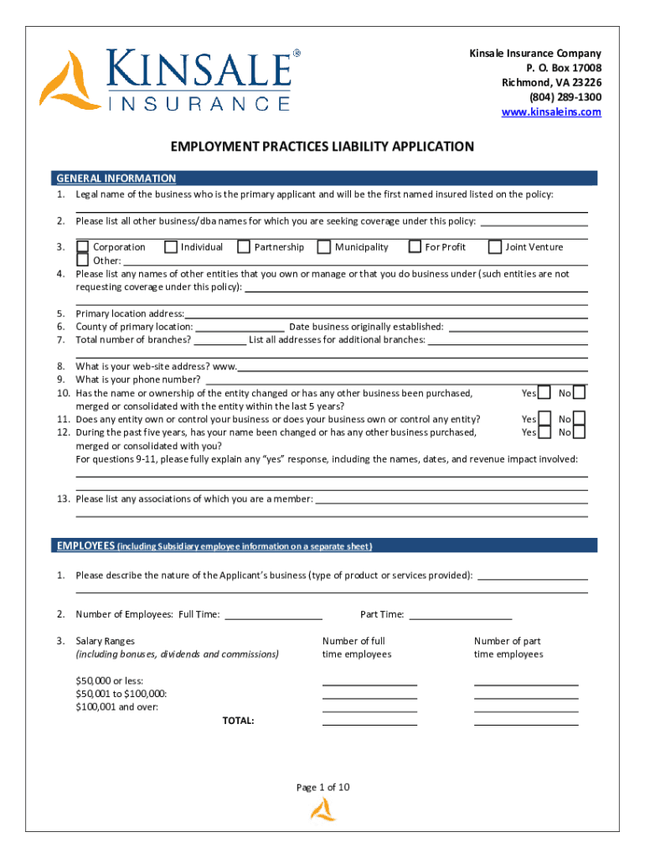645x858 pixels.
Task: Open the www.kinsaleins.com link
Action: coord(551,112)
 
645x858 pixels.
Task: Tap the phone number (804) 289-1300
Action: coord(565,97)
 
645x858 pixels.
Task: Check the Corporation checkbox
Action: coord(83,247)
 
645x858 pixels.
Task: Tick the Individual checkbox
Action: coord(171,247)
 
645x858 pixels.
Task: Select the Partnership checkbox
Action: coord(244,247)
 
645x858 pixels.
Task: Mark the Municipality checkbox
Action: coord(322,247)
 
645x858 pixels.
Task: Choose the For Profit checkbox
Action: coord(414,247)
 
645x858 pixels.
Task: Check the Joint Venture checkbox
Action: coord(495,247)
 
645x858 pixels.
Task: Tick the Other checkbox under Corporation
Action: coord(83,260)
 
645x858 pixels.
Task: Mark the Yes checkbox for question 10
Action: coord(544,393)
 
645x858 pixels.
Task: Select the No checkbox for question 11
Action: coord(579,419)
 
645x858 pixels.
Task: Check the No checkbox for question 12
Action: coord(579,432)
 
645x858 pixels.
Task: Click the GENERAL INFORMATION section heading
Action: coord(116,178)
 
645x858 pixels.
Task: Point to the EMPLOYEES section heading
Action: coord(85,546)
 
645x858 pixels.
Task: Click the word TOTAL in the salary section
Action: coord(239,721)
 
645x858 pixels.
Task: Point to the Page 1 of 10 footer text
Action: coord(322,788)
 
